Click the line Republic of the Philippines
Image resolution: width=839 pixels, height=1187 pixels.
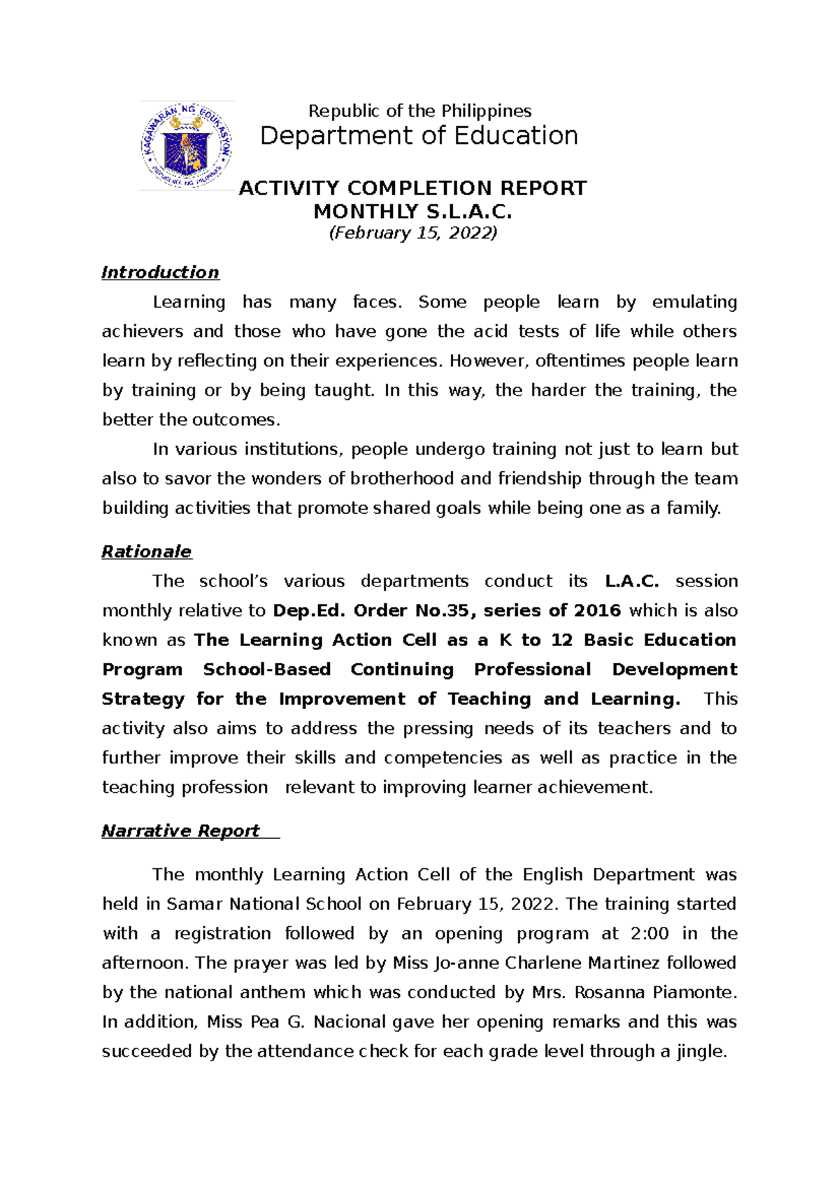[419, 111]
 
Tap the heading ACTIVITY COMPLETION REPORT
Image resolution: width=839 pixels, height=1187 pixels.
[413, 188]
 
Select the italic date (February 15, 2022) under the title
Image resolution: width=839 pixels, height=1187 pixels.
[413, 233]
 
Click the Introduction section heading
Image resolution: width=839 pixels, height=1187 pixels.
[160, 273]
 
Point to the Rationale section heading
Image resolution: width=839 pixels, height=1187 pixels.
[146, 552]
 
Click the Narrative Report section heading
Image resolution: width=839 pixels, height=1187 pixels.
[180, 830]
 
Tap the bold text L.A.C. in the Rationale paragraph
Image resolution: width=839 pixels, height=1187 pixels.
[631, 581]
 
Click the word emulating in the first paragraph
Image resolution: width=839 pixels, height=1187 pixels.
[694, 302]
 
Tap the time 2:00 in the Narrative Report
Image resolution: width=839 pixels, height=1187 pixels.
[650, 934]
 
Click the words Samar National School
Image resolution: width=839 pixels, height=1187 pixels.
[264, 905]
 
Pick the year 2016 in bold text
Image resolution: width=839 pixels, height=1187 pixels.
[597, 610]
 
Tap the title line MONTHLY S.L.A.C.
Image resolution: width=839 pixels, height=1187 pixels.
[413, 211]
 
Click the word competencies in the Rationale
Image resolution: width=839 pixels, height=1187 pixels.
[443, 758]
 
